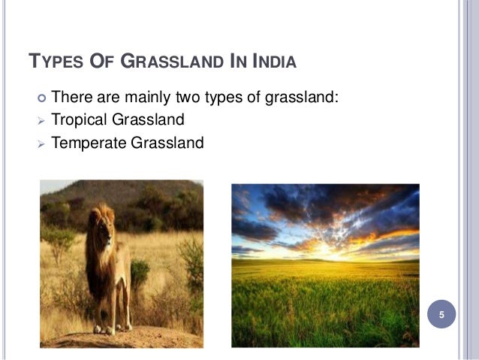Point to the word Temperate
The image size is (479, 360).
coord(89,141)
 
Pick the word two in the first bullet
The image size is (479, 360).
coord(202,98)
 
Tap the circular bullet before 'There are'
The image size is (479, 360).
coord(41,98)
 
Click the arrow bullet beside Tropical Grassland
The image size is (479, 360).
coord(41,119)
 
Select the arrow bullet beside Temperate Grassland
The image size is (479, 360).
coord(41,141)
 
